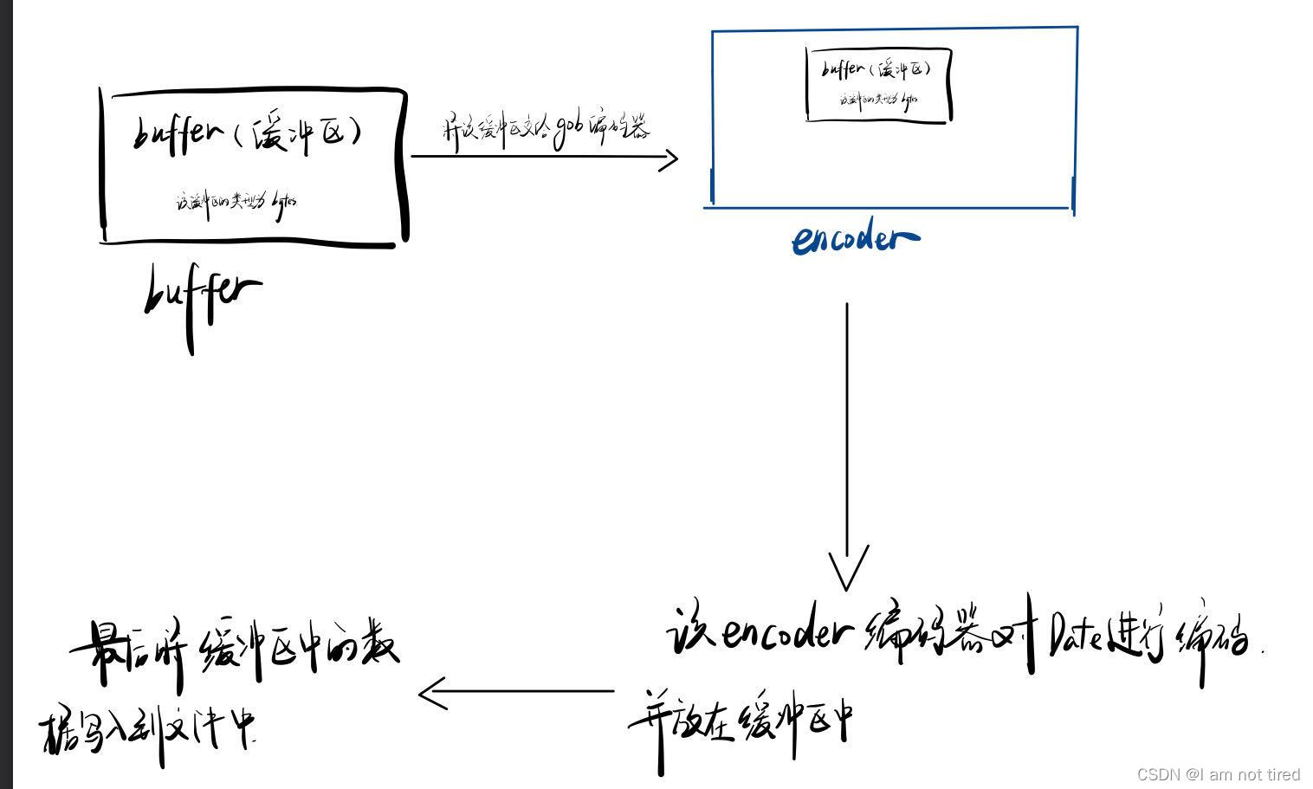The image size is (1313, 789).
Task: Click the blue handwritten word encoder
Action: [x=855, y=238]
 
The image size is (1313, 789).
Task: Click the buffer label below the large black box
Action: [x=202, y=294]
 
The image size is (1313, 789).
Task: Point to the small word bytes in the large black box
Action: [x=284, y=203]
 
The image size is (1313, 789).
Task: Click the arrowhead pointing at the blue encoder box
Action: [x=669, y=158]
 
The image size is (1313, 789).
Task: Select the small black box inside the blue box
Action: [x=878, y=84]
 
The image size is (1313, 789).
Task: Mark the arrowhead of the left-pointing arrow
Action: [x=431, y=693]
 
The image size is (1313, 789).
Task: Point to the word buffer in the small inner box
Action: [x=843, y=68]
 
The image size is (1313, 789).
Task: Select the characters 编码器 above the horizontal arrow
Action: [x=618, y=127]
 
